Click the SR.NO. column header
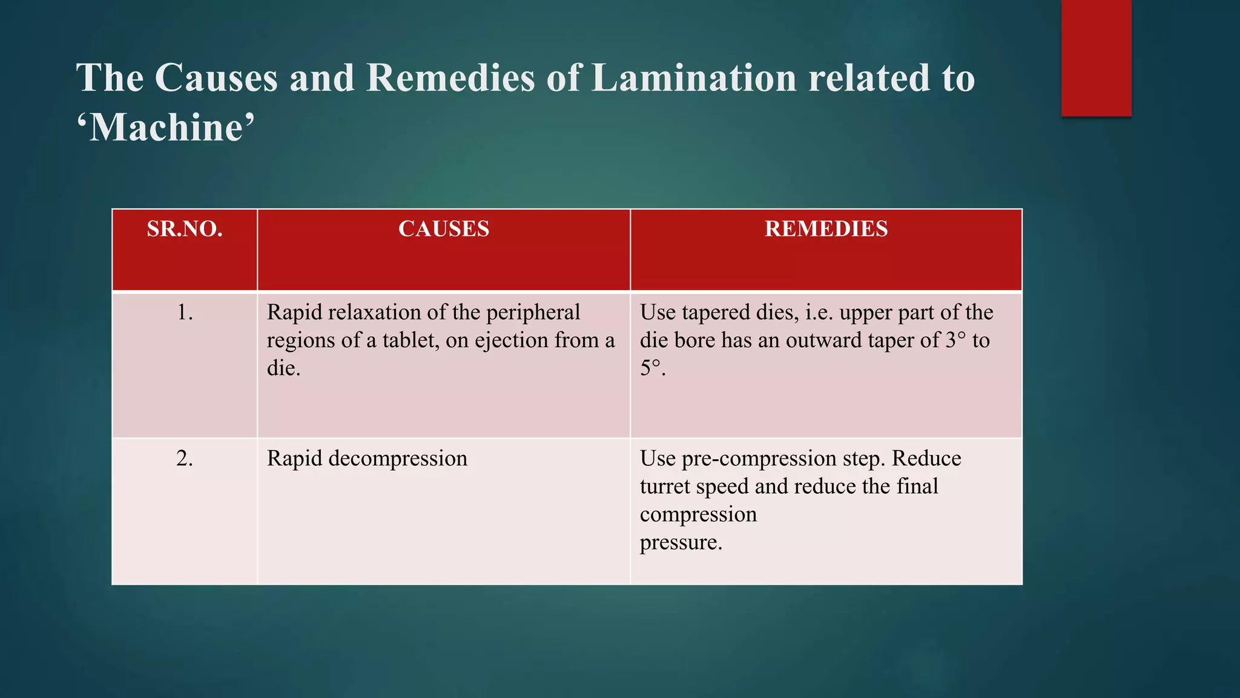click(x=185, y=229)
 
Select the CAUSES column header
click(x=443, y=229)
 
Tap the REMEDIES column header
click(x=826, y=229)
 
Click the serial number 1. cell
click(x=185, y=313)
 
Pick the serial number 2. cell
click(x=185, y=459)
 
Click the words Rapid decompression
click(x=367, y=459)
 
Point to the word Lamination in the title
click(x=694, y=78)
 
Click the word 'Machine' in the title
click(x=165, y=128)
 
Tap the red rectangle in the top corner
click(x=1096, y=58)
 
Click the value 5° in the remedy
click(x=650, y=368)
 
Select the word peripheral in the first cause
click(x=533, y=313)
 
